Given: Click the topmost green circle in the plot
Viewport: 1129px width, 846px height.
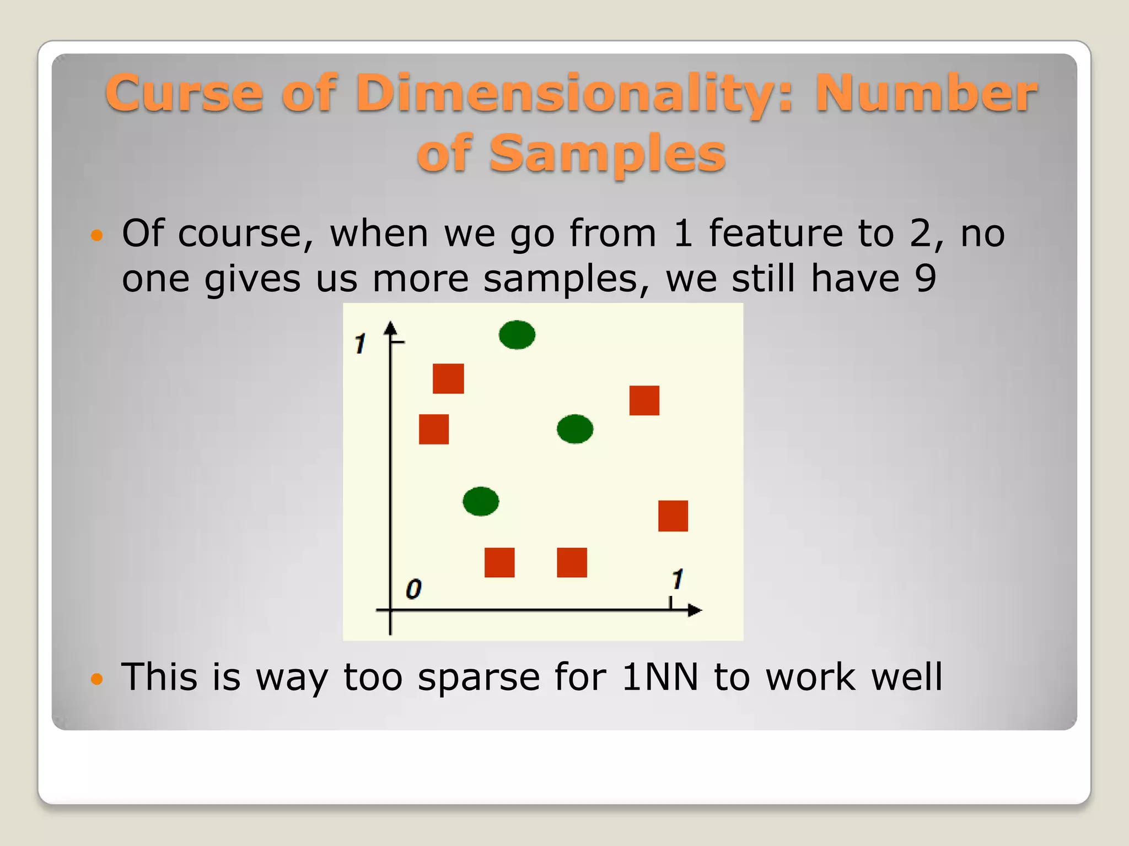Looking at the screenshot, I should point(517,335).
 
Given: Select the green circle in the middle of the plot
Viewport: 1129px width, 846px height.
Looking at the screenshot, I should point(575,429).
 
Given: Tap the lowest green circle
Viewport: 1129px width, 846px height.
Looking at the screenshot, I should point(481,501).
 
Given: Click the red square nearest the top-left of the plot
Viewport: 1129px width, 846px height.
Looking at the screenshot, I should point(448,378).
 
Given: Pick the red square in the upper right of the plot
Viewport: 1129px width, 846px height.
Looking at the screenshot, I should point(644,400).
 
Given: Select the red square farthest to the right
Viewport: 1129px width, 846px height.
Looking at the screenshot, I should point(673,516).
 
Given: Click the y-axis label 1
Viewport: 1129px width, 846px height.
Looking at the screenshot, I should point(360,344).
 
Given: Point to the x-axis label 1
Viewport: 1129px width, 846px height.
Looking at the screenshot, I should point(678,579).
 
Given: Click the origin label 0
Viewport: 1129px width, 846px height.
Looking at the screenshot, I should point(413,589).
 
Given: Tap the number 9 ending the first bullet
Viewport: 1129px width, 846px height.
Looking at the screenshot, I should point(926,278).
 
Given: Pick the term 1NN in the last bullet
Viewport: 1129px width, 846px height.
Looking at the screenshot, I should point(660,677).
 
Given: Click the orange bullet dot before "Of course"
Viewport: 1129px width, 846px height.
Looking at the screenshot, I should point(96,236).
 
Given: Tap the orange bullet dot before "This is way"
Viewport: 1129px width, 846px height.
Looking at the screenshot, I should point(96,679).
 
